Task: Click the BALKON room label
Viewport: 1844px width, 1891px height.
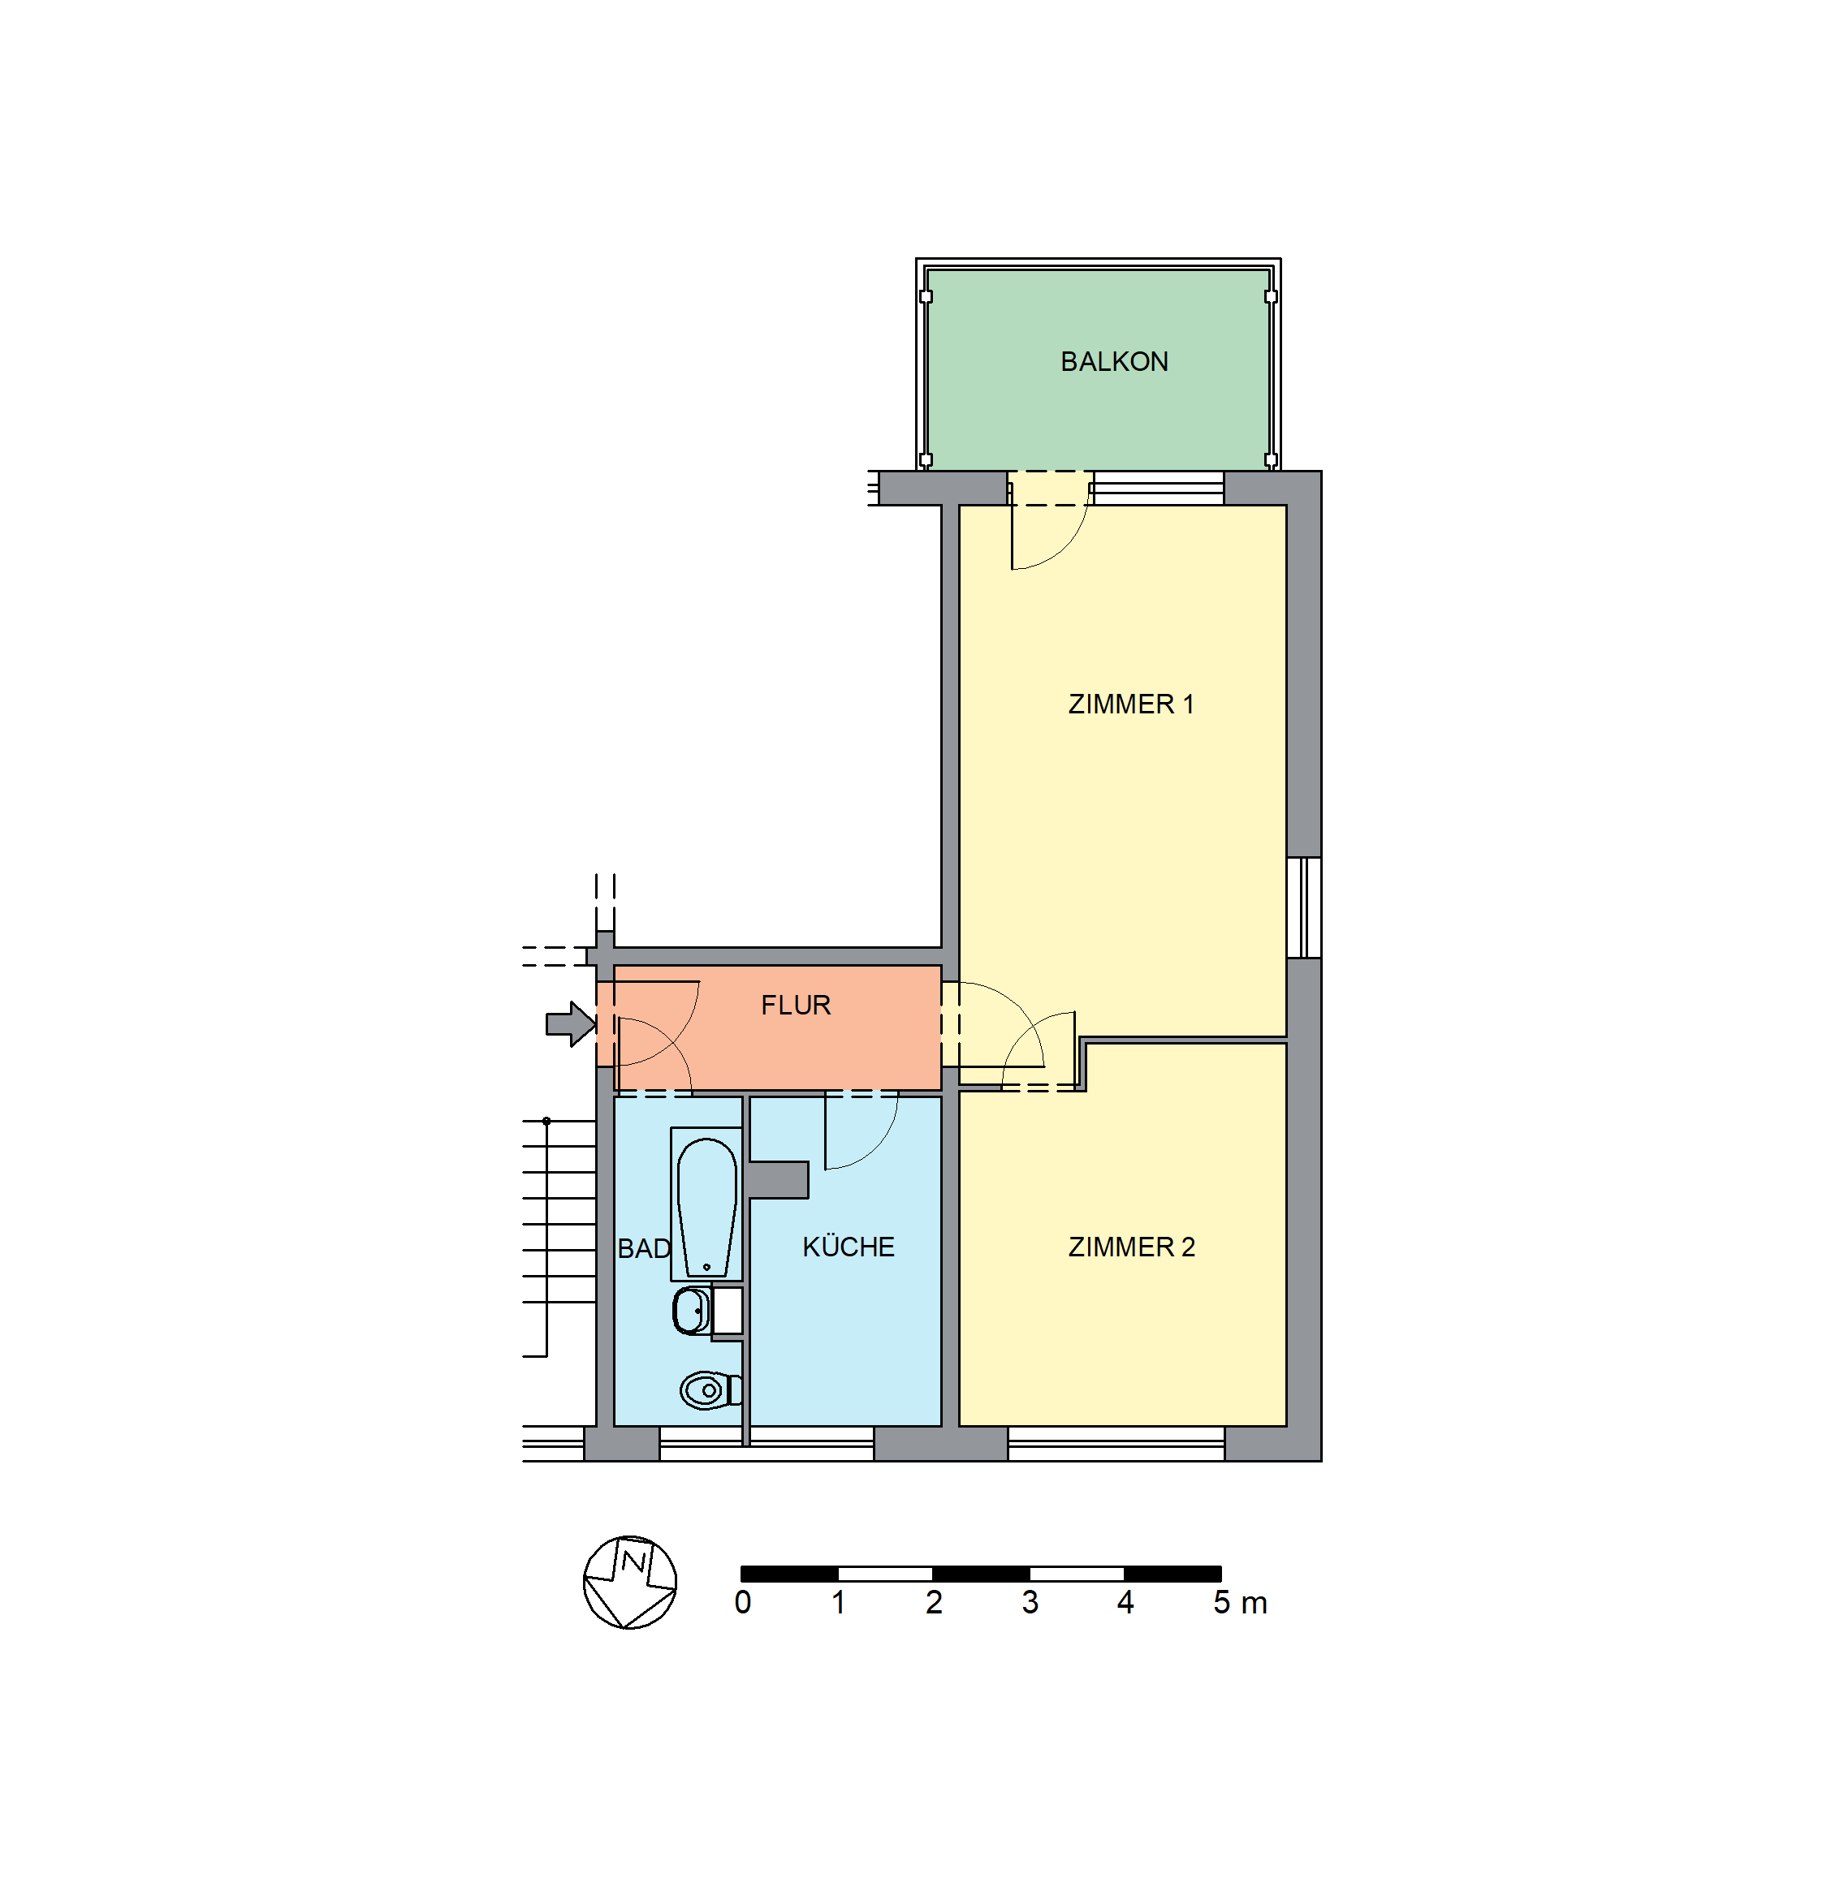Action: coord(1114,361)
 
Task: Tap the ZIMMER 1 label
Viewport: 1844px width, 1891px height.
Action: coord(1130,704)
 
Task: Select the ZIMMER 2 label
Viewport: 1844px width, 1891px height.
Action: coord(1131,1247)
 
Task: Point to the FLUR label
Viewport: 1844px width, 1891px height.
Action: coord(795,1005)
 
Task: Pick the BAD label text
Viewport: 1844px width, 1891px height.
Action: coord(644,1249)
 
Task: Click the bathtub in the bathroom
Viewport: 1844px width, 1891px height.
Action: coord(706,1204)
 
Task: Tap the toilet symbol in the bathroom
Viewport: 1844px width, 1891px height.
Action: coord(710,1390)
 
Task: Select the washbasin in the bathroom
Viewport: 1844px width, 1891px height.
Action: coord(694,1311)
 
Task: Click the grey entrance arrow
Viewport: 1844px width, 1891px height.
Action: coord(571,1024)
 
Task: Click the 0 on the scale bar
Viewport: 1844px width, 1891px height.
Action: coord(743,1602)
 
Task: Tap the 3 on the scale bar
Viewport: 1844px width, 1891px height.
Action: coord(1030,1602)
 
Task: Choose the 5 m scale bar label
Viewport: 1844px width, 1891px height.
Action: coord(1240,1602)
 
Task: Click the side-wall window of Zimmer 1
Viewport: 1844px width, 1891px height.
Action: coord(1303,907)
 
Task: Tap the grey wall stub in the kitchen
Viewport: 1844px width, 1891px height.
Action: coord(778,1179)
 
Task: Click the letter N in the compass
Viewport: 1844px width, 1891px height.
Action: coord(633,1561)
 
